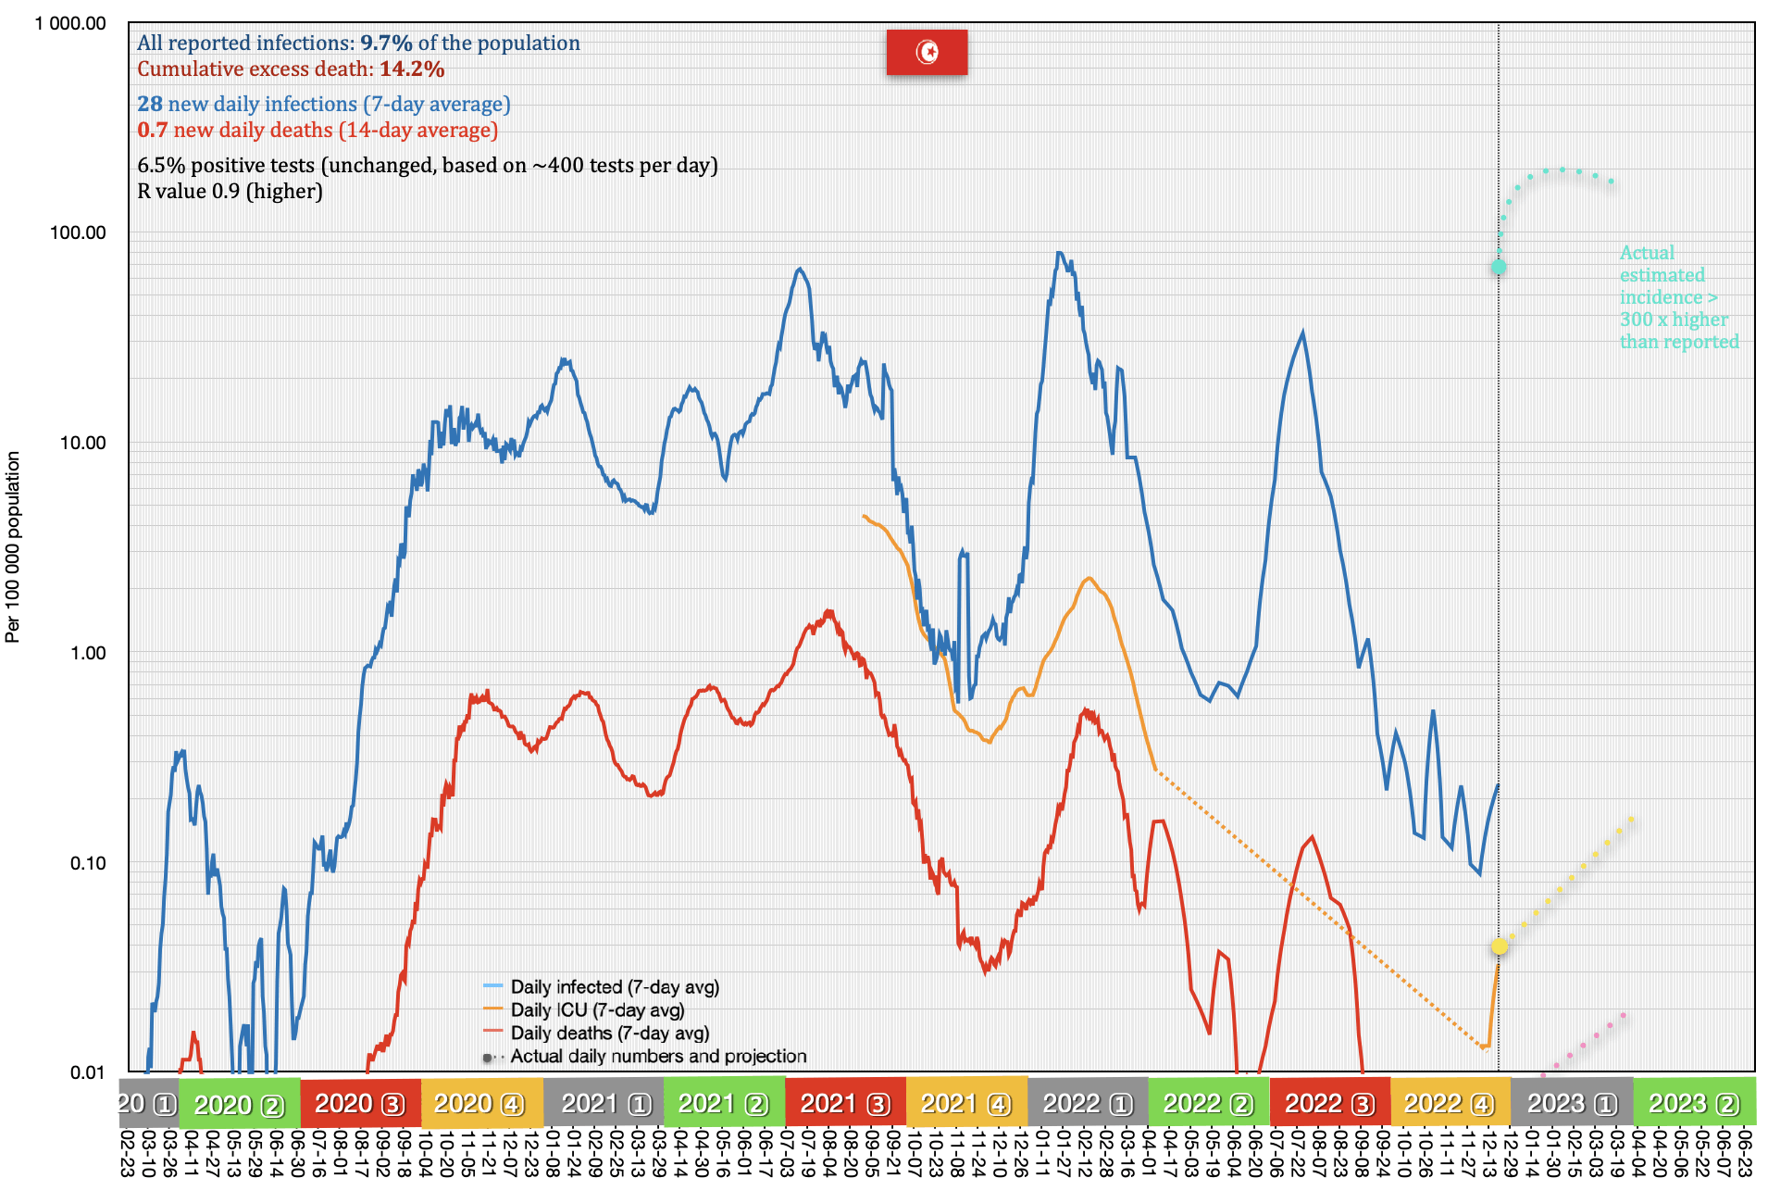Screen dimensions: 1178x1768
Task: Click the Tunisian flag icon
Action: pyautogui.click(x=927, y=52)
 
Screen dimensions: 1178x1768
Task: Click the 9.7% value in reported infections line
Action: pyautogui.click(x=386, y=44)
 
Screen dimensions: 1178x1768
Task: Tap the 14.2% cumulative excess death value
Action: pyautogui.click(x=412, y=69)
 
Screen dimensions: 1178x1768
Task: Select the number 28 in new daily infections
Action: pyautogui.click(x=150, y=105)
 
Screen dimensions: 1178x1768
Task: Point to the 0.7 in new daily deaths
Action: pyautogui.click(x=152, y=131)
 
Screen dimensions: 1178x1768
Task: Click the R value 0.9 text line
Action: pyautogui.click(x=230, y=192)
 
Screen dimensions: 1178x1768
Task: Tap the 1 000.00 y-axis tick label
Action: pyautogui.click(x=70, y=23)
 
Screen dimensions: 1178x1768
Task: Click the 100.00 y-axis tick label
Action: pyautogui.click(x=78, y=232)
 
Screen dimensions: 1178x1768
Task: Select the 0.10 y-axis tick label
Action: pyautogui.click(x=87, y=863)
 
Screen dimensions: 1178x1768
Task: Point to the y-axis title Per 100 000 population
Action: pyautogui.click(x=13, y=546)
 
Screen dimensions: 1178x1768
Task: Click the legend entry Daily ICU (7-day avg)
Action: pyautogui.click(x=597, y=1010)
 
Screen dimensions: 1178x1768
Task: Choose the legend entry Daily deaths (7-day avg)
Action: pyautogui.click(x=609, y=1034)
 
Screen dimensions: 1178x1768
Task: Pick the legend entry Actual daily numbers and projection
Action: pyautogui.click(x=658, y=1057)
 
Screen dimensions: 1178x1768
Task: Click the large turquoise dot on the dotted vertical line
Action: pyautogui.click(x=1498, y=267)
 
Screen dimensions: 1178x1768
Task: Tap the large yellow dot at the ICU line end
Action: pyautogui.click(x=1499, y=946)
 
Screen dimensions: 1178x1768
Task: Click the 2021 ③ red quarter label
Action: pyautogui.click(x=845, y=1104)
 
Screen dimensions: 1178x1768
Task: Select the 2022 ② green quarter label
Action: pyautogui.click(x=1208, y=1104)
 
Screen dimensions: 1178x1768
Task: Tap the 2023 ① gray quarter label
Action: pyautogui.click(x=1572, y=1104)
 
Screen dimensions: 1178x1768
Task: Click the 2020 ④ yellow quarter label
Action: pyautogui.click(x=479, y=1104)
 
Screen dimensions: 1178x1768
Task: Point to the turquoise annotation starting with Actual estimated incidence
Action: pyautogui.click(x=1678, y=297)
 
